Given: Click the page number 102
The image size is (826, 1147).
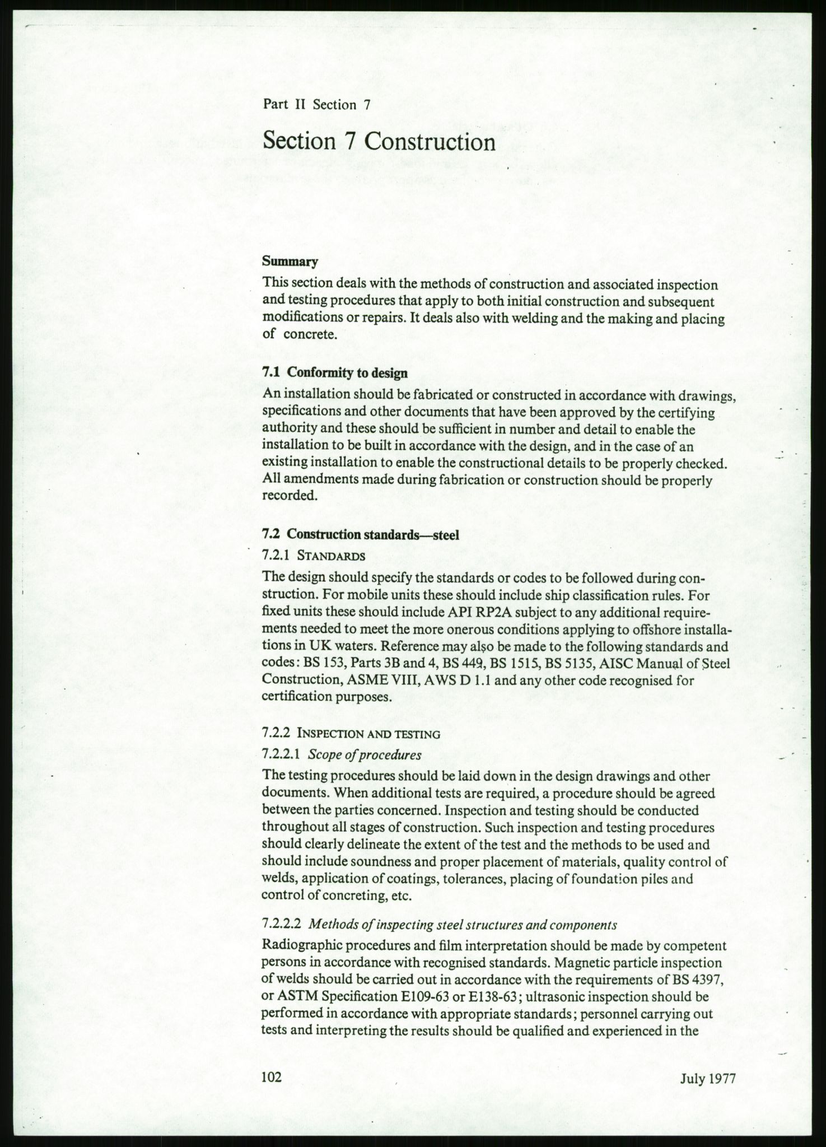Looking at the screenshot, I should point(272,1078).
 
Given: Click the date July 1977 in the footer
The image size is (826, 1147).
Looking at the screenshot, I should point(707,1079).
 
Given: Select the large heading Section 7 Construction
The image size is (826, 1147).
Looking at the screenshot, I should point(379,142).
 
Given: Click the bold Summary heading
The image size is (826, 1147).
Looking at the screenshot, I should point(290,262).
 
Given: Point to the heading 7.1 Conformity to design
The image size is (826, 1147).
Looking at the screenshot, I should point(335,372).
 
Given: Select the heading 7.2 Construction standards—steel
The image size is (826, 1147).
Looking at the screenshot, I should point(361,534).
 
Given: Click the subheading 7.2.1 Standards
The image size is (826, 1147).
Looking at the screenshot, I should point(314,556).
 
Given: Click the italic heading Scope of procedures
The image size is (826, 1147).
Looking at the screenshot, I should point(365,754).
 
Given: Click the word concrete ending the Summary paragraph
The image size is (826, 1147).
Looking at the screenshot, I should point(310,335).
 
